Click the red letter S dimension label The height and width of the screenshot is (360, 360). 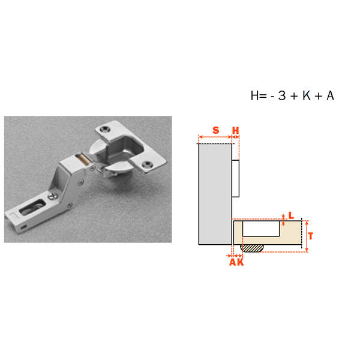click(215, 130)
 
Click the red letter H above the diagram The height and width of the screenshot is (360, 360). click(236, 130)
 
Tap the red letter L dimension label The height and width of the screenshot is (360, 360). click(291, 215)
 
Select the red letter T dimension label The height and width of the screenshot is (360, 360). click(311, 236)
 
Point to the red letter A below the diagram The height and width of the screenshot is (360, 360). click(233, 262)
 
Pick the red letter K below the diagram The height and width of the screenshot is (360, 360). click(240, 262)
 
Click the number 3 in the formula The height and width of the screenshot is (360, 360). click(282, 95)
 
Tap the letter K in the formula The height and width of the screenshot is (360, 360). click(307, 95)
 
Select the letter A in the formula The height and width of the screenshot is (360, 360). click(330, 95)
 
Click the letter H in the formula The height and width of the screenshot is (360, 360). click(255, 95)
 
